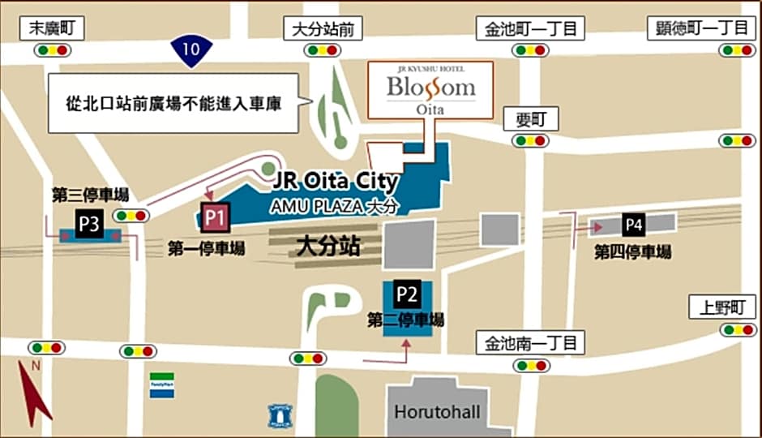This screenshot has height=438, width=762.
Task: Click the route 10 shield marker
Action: click(x=190, y=49)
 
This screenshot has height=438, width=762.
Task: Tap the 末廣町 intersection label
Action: click(x=53, y=28)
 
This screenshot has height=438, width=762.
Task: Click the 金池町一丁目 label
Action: click(x=531, y=29)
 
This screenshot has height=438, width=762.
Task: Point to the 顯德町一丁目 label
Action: click(x=702, y=28)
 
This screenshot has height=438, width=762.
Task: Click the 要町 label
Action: click(x=531, y=120)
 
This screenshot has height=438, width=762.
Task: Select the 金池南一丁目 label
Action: click(x=530, y=342)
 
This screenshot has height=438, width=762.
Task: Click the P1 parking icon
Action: click(x=215, y=217)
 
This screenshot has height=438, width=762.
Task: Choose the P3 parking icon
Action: click(x=88, y=225)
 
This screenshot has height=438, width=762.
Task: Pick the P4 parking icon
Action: click(x=634, y=225)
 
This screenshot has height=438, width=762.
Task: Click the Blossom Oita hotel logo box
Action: click(x=430, y=90)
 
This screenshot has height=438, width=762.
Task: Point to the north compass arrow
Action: click(x=33, y=393)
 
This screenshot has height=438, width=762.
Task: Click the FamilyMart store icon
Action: click(x=161, y=384)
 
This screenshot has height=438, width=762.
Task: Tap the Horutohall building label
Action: click(x=437, y=411)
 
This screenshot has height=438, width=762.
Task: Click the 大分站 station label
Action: click(x=327, y=246)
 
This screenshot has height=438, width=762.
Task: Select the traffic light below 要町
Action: click(x=531, y=140)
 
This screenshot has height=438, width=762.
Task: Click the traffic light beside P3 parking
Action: click(x=131, y=216)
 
